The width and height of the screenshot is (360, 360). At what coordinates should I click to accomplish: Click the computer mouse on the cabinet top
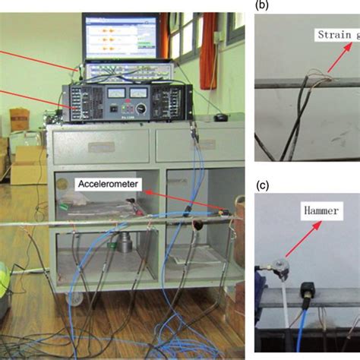pyautogui.click(x=219, y=118)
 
